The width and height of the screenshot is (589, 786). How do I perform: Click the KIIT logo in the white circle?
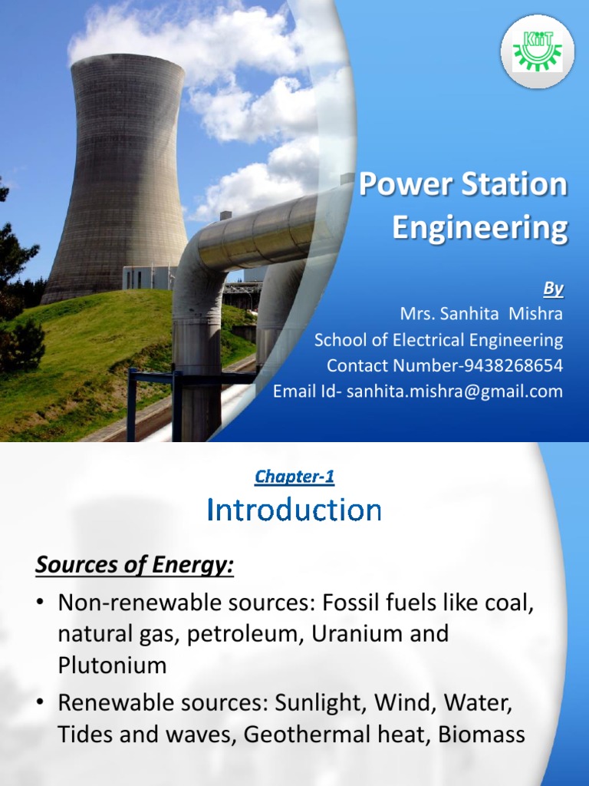pos(537,51)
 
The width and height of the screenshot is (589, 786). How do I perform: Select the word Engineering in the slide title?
pos(480,228)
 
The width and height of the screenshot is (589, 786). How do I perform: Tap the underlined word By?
pos(554,289)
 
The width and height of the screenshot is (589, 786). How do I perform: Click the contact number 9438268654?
pos(502,365)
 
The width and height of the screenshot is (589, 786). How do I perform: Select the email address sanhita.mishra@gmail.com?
pos(454,391)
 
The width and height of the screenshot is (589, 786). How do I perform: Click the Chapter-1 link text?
pos(294,477)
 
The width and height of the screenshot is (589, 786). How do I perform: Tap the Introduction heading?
pos(294,510)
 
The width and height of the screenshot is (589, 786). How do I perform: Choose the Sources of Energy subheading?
pos(134,567)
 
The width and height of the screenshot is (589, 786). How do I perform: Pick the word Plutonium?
pos(112,665)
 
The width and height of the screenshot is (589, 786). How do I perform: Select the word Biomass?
pos(482,735)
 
